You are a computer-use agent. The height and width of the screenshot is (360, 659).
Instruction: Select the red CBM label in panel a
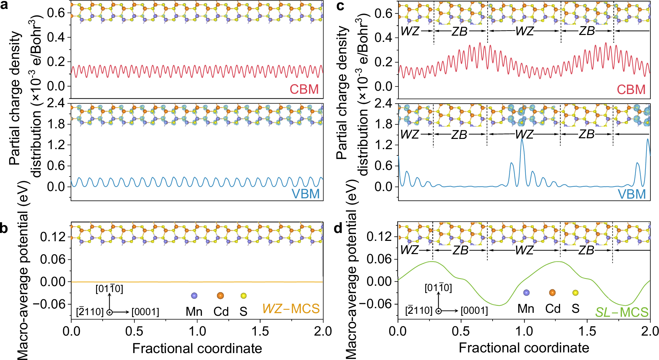(304, 89)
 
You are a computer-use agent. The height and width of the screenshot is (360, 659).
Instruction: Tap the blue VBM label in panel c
(632, 194)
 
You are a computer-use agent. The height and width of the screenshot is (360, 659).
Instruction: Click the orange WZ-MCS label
(291, 309)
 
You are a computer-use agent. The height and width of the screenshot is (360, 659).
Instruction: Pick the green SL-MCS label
(622, 312)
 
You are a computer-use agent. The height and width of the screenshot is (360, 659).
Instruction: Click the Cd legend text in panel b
(221, 311)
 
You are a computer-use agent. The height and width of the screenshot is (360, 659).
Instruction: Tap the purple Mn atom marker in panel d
(526, 293)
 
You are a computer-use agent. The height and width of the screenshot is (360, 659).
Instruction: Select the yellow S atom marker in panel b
(244, 296)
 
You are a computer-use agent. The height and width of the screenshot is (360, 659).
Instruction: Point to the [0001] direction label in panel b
(145, 312)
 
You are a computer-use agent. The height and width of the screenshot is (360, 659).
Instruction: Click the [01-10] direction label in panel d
(438, 288)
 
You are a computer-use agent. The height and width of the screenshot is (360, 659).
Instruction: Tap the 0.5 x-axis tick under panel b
(134, 331)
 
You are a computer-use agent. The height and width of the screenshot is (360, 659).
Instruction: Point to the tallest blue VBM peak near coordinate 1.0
(522, 140)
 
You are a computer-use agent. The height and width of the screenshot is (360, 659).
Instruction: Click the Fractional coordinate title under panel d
(524, 348)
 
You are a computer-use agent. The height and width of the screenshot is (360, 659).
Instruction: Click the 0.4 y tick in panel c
(384, 38)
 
